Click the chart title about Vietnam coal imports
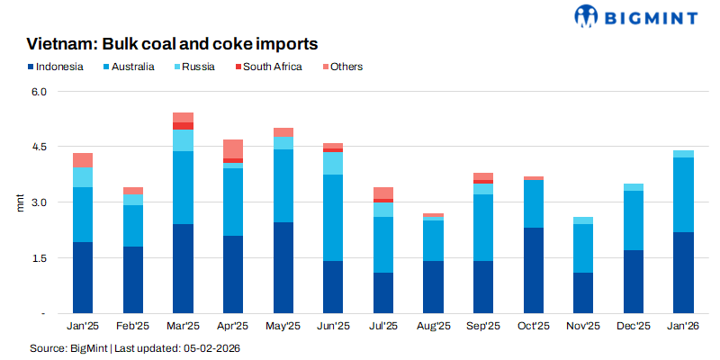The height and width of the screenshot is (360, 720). (172, 44)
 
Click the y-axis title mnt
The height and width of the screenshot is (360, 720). (21, 202)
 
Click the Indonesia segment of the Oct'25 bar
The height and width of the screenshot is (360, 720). (534, 270)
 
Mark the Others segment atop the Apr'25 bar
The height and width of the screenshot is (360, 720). (233, 148)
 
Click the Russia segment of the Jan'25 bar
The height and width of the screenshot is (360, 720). (83, 177)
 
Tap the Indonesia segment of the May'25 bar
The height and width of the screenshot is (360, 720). (283, 267)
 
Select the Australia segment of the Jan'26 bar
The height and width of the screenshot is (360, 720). (683, 194)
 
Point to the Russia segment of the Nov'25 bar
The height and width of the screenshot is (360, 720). (583, 220)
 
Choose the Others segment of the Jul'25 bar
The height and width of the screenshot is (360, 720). (383, 193)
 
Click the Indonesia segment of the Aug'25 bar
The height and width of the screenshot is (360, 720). (434, 287)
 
